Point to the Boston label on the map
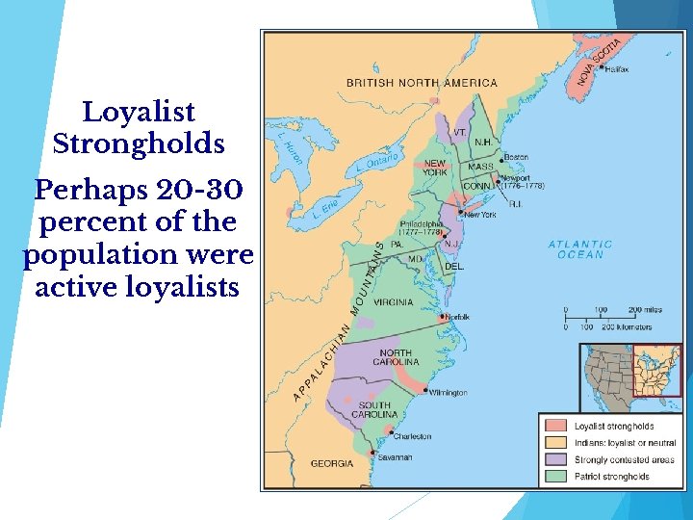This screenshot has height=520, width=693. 516,157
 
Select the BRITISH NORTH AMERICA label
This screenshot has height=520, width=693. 422,83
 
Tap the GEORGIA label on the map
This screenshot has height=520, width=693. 331,463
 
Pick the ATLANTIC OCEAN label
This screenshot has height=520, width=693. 580,249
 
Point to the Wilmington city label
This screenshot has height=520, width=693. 448,393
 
